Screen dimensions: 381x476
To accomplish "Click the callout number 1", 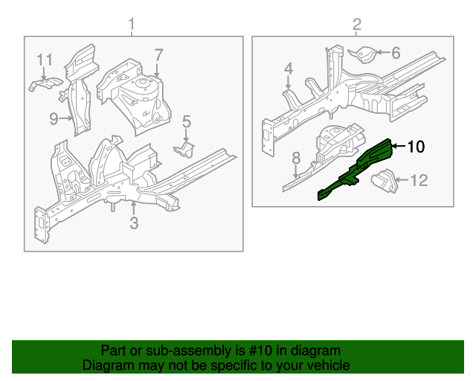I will click(132, 26).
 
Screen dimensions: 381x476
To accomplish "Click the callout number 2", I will click(356, 26).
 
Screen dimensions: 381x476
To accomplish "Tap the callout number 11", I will click(45, 59).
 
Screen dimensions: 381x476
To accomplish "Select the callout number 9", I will click(54, 118).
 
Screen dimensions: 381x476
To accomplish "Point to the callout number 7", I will click(158, 54).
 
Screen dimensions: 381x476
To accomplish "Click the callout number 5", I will click(187, 121).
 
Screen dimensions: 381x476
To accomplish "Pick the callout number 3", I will click(134, 222).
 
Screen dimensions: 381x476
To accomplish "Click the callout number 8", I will click(295, 158).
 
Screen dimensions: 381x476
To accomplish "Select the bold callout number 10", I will click(416, 147).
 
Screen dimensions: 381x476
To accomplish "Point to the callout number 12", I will click(419, 179).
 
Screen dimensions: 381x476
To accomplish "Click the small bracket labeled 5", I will click(184, 149).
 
